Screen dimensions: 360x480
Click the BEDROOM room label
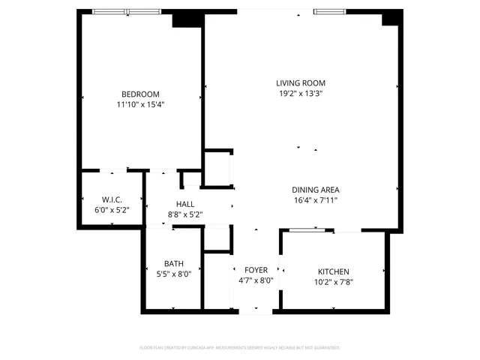pos(140,94)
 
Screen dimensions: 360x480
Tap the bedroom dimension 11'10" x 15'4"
pos(140,105)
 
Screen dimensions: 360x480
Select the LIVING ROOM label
pos(300,83)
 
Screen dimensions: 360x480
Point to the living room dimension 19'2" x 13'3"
pos(300,94)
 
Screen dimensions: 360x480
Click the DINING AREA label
pos(316,190)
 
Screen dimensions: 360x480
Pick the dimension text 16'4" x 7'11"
pos(316,200)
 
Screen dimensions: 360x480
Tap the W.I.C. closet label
pos(112,199)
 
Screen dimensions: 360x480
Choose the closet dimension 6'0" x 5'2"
pos(112,210)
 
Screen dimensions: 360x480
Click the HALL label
pos(185,204)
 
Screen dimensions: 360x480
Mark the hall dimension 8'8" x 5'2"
pos(185,215)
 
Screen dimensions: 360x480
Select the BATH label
pos(174,263)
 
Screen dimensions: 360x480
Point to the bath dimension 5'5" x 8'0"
pos(174,274)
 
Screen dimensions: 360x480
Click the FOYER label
pos(256,270)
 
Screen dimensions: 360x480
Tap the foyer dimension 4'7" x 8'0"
pos(256,280)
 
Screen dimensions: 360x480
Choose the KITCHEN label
pos(333,271)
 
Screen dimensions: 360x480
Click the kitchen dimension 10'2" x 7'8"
pos(333,282)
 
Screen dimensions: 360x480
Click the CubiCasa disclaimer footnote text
pos(240,348)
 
